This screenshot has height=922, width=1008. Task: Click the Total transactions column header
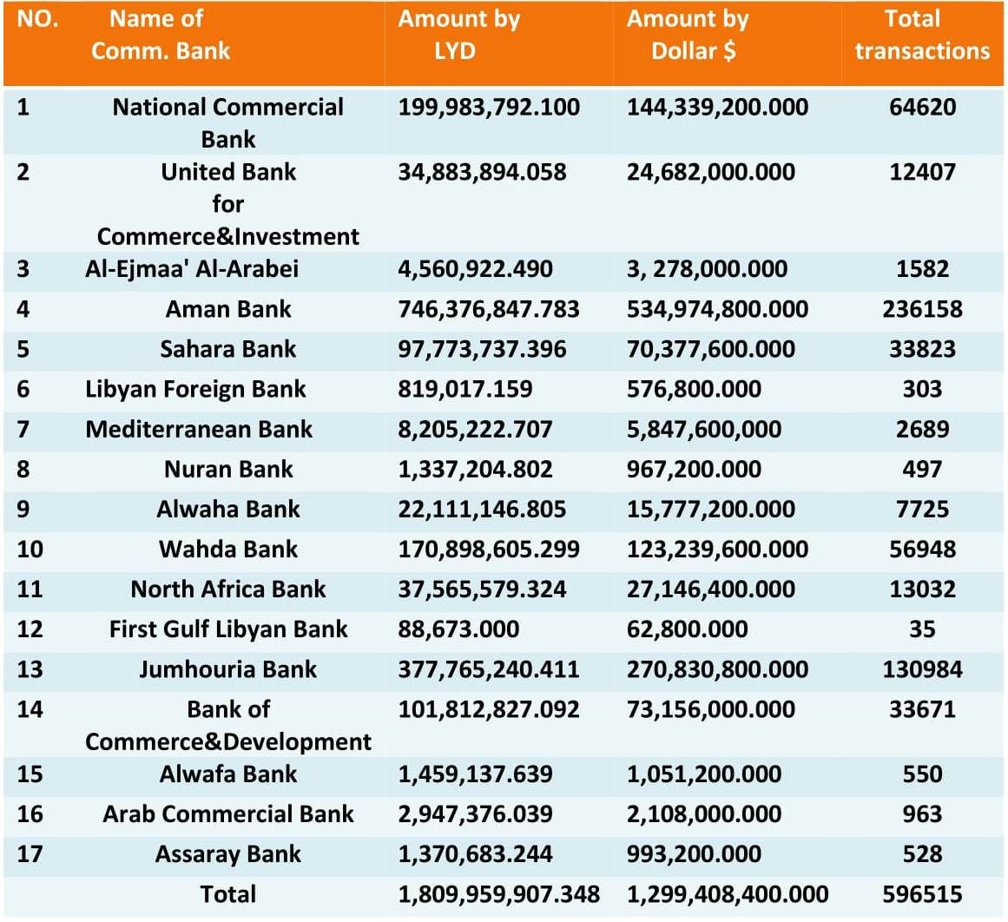pos(922,35)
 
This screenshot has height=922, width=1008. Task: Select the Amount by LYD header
pos(458,35)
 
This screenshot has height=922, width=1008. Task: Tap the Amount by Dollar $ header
pos(688,35)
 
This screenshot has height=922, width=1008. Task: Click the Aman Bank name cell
pos(228,309)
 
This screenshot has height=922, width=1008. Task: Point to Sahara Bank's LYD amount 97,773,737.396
pos(482,349)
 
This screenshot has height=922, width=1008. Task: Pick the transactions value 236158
pos(923,309)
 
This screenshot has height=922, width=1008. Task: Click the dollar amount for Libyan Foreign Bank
pos(694,389)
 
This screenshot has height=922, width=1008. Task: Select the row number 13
pos(30,669)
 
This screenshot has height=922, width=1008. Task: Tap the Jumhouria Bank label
pos(228,669)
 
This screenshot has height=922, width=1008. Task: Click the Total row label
pos(228,894)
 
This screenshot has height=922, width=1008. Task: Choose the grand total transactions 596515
pos(923,894)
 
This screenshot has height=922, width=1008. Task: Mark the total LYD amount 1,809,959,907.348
pos(499,894)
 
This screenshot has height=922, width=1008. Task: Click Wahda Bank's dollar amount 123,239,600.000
pos(717,549)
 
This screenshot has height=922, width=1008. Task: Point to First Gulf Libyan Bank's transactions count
pos(923,629)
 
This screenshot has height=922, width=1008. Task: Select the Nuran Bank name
pos(228,470)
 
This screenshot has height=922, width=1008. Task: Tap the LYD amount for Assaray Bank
pos(475,853)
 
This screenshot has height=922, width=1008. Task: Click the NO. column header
pos(37,18)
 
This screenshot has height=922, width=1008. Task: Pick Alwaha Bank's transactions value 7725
pos(923,510)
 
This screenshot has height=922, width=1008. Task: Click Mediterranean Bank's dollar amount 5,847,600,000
pos(704,430)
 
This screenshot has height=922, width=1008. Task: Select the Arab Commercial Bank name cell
pos(228,814)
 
